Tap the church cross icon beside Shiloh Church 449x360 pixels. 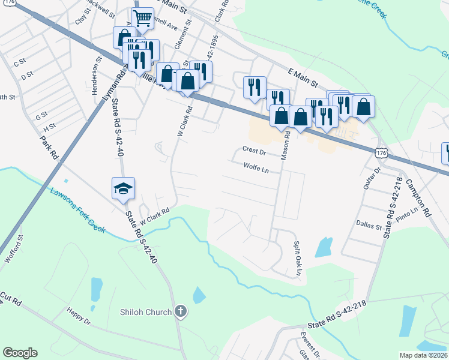181,311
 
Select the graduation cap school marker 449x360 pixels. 123,188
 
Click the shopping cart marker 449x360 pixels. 142,18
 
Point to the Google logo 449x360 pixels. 20,353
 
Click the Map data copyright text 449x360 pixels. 424,355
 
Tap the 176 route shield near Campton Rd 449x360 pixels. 381,154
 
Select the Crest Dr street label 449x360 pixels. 254,149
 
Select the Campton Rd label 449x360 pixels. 418,198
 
